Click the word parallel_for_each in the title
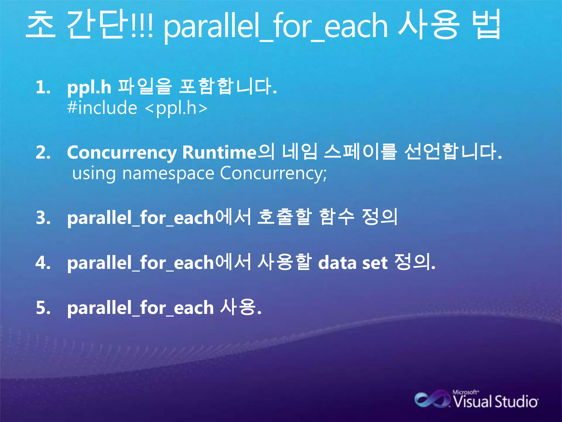276,26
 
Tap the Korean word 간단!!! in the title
110,25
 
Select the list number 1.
43,87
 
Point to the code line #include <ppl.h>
137,108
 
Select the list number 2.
43,152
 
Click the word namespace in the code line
168,174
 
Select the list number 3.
43,218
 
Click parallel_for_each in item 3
140,218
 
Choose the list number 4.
43,263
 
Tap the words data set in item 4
353,263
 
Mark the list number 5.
43,308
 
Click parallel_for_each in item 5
140,308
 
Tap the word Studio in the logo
516,402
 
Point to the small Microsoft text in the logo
465,392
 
